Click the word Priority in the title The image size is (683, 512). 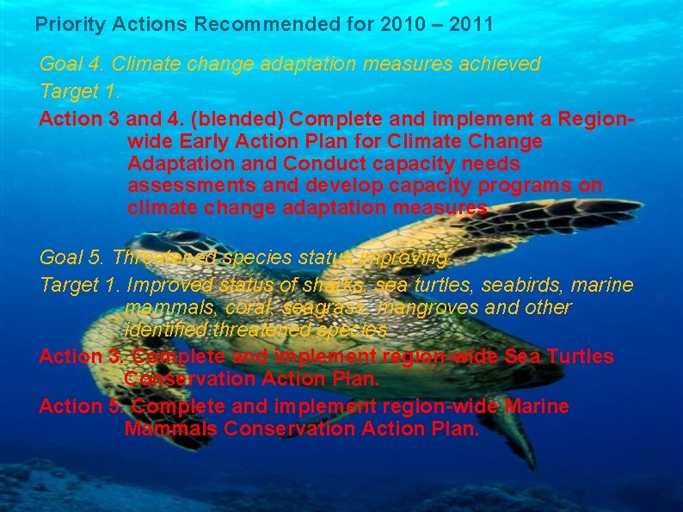(67, 24)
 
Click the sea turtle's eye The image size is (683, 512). (186, 237)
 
